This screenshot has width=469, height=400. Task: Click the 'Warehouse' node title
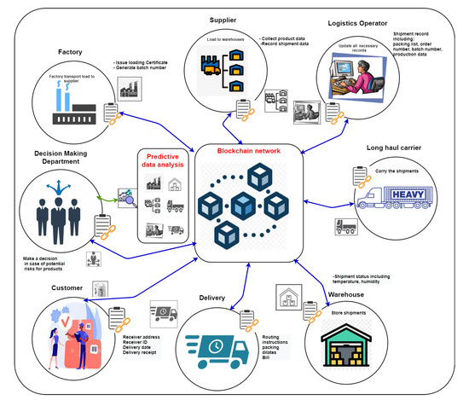(350, 296)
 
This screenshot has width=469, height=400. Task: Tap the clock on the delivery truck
(216, 345)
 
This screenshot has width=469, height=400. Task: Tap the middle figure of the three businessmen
(57, 212)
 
